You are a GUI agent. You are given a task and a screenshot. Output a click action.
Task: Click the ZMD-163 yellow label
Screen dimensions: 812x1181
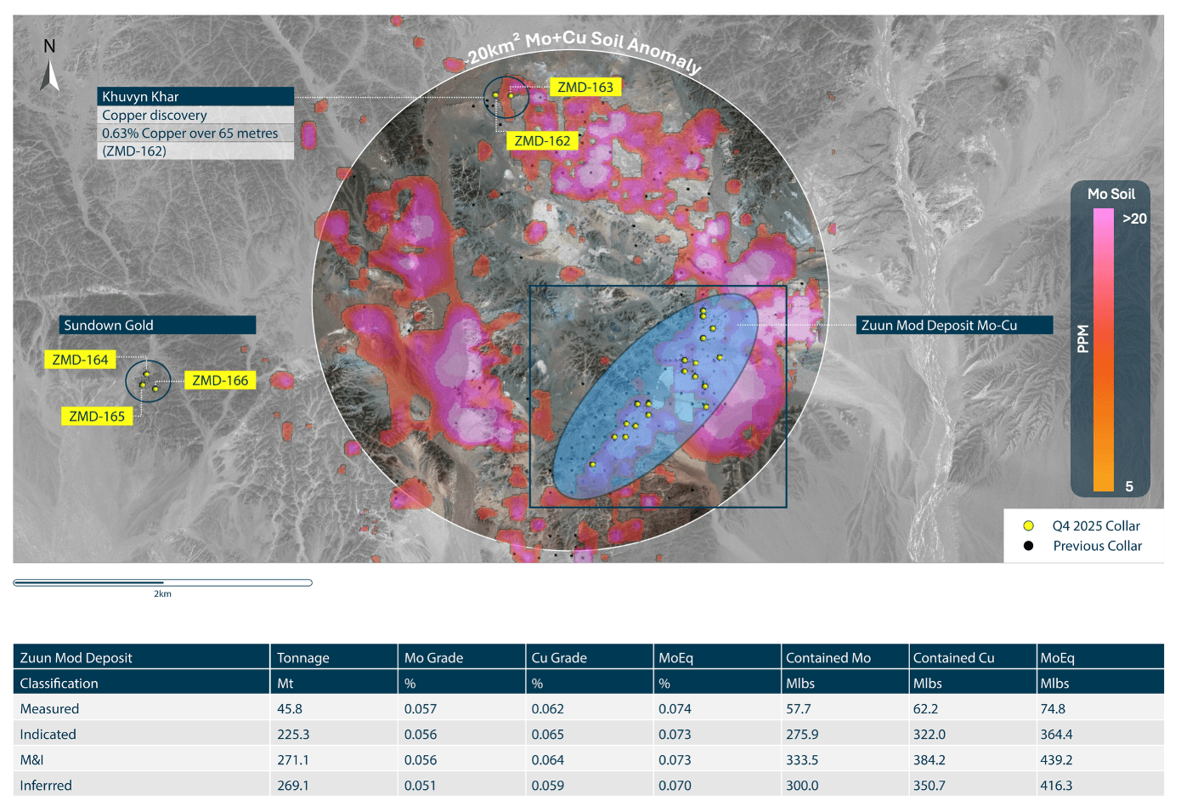pyautogui.click(x=585, y=88)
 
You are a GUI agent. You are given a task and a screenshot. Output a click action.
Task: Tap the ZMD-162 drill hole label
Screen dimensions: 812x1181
pyautogui.click(x=542, y=141)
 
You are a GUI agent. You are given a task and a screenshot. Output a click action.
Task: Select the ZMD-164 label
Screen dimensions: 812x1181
pyautogui.click(x=80, y=360)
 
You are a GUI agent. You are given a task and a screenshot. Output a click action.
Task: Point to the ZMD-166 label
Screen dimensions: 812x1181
pyautogui.click(x=220, y=380)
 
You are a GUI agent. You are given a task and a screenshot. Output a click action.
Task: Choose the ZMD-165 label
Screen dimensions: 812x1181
pyautogui.click(x=97, y=417)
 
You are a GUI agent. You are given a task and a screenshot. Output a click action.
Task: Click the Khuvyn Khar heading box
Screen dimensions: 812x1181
pyautogui.click(x=195, y=96)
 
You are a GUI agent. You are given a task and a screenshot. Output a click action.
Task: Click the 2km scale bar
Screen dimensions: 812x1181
pyautogui.click(x=162, y=583)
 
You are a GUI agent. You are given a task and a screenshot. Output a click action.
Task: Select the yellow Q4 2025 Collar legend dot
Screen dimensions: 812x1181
pyautogui.click(x=1028, y=525)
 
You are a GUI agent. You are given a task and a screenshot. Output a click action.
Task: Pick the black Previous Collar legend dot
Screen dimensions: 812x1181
pyautogui.click(x=1028, y=546)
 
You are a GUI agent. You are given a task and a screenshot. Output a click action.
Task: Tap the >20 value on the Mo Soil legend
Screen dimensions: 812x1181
pyautogui.click(x=1134, y=219)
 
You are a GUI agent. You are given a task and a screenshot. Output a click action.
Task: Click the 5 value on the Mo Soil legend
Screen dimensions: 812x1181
pyautogui.click(x=1129, y=486)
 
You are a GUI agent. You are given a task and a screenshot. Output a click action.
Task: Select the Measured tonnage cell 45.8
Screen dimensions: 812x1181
pyautogui.click(x=290, y=708)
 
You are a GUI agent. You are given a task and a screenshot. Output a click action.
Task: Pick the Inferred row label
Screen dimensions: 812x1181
pyautogui.click(x=46, y=785)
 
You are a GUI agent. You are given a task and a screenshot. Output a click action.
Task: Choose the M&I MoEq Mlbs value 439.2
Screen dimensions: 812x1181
pyautogui.click(x=1056, y=759)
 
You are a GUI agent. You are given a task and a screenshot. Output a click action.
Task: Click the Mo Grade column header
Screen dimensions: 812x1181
pyautogui.click(x=433, y=657)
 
